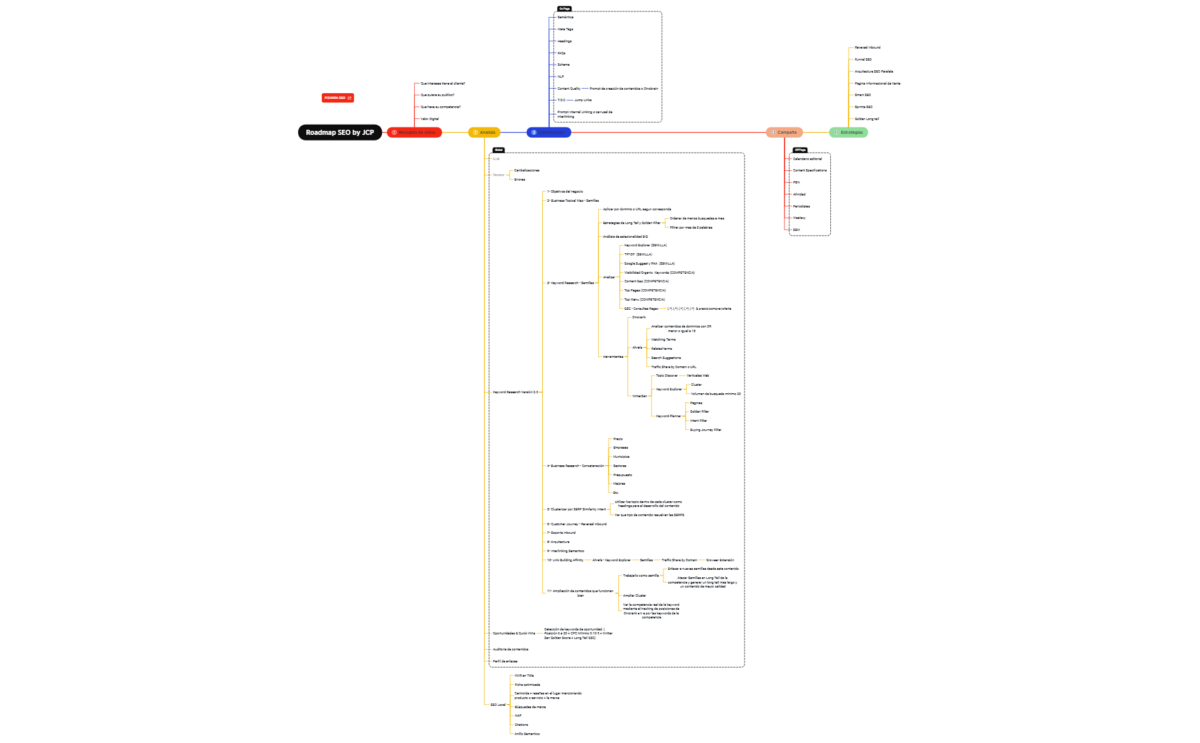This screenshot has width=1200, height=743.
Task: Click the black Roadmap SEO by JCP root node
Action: (x=339, y=133)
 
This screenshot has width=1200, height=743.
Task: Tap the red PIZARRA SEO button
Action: (x=337, y=98)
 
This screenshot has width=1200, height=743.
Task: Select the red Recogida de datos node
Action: (x=414, y=133)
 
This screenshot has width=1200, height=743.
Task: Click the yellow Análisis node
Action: (x=484, y=133)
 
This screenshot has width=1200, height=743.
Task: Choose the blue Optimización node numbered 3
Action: (x=549, y=133)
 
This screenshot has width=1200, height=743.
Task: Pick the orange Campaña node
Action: (x=784, y=133)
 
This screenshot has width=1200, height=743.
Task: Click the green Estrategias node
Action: (x=849, y=133)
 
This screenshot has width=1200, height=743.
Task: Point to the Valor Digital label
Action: (x=430, y=119)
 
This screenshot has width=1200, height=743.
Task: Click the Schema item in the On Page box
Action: (x=563, y=65)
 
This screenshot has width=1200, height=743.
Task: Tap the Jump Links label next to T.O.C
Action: (x=583, y=100)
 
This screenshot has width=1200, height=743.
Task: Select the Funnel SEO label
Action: (x=863, y=59)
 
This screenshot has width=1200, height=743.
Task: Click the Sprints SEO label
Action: (x=863, y=107)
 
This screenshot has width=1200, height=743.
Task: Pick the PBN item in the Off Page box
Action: (x=796, y=182)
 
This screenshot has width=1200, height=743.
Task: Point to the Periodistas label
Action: (x=801, y=206)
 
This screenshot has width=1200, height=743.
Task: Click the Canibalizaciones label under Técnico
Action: (x=526, y=170)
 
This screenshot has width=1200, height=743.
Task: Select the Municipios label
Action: (x=621, y=457)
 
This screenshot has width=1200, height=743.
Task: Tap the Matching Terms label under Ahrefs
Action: (x=663, y=339)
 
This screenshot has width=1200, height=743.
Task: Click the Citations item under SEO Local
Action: (x=521, y=725)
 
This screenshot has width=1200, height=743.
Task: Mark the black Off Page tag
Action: (x=800, y=150)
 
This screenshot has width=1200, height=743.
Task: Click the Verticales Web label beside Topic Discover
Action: (x=698, y=376)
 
